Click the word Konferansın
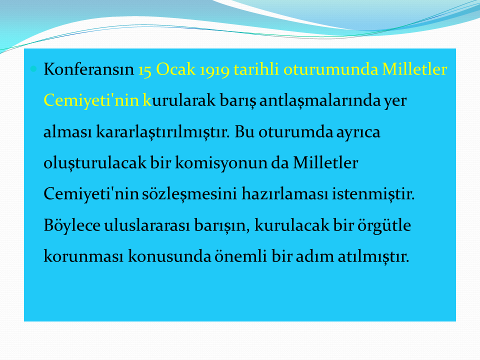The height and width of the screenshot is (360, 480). (x=89, y=69)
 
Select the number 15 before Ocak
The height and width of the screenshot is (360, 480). (x=145, y=70)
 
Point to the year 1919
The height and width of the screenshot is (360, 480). (x=214, y=70)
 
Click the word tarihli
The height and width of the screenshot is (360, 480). (x=256, y=69)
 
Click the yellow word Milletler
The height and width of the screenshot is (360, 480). (x=415, y=69)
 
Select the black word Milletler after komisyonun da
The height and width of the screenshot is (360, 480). (x=325, y=162)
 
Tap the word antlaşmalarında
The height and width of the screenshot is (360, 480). (x=319, y=100)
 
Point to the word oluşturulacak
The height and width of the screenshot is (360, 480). (x=95, y=162)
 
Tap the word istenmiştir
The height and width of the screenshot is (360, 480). (x=373, y=194)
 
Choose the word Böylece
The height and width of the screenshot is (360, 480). (x=72, y=226)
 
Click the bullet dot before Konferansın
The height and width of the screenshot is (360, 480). (x=33, y=69)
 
